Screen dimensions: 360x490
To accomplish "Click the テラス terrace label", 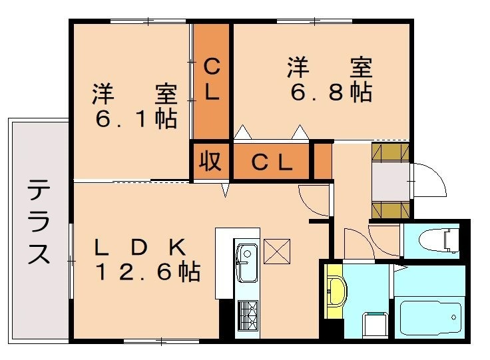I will point(39,222).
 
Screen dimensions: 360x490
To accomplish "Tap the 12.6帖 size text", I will point(147,272).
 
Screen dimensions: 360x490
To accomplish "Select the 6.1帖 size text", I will point(136,120).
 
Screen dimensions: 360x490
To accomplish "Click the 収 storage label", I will point(211,162).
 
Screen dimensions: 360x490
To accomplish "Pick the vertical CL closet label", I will point(212,79).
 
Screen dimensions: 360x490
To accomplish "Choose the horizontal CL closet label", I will point(272,162).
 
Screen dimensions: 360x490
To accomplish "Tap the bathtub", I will point(429,318).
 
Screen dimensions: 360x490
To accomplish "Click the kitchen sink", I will point(247,260).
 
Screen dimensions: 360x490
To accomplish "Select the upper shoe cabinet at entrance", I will point(390,152).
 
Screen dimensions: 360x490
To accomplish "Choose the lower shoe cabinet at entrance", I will point(390,210).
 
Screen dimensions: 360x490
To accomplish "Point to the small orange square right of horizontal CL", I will point(322,161).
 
